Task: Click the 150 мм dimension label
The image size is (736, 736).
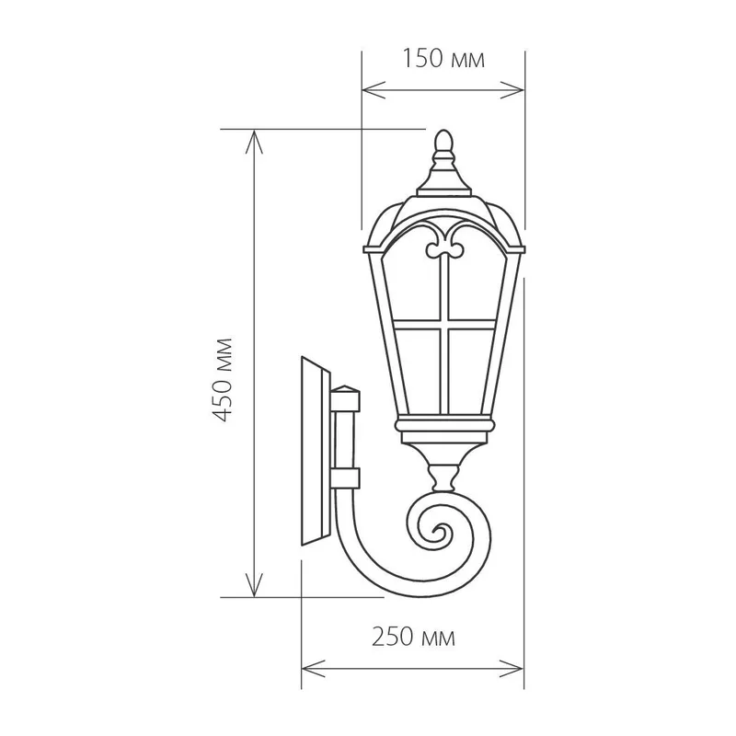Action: [x=443, y=59]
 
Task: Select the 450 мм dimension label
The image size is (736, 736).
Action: [x=222, y=379]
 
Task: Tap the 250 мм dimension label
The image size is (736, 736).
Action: [x=413, y=638]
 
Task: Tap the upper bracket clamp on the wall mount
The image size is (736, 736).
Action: [x=346, y=398]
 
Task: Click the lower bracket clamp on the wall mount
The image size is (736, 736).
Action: [x=346, y=477]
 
